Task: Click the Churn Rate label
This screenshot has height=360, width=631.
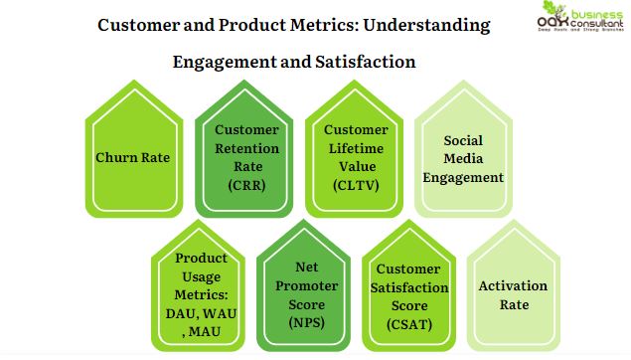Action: click(x=132, y=157)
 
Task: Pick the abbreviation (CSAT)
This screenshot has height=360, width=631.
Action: click(x=410, y=322)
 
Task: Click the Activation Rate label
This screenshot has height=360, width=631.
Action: click(x=513, y=295)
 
